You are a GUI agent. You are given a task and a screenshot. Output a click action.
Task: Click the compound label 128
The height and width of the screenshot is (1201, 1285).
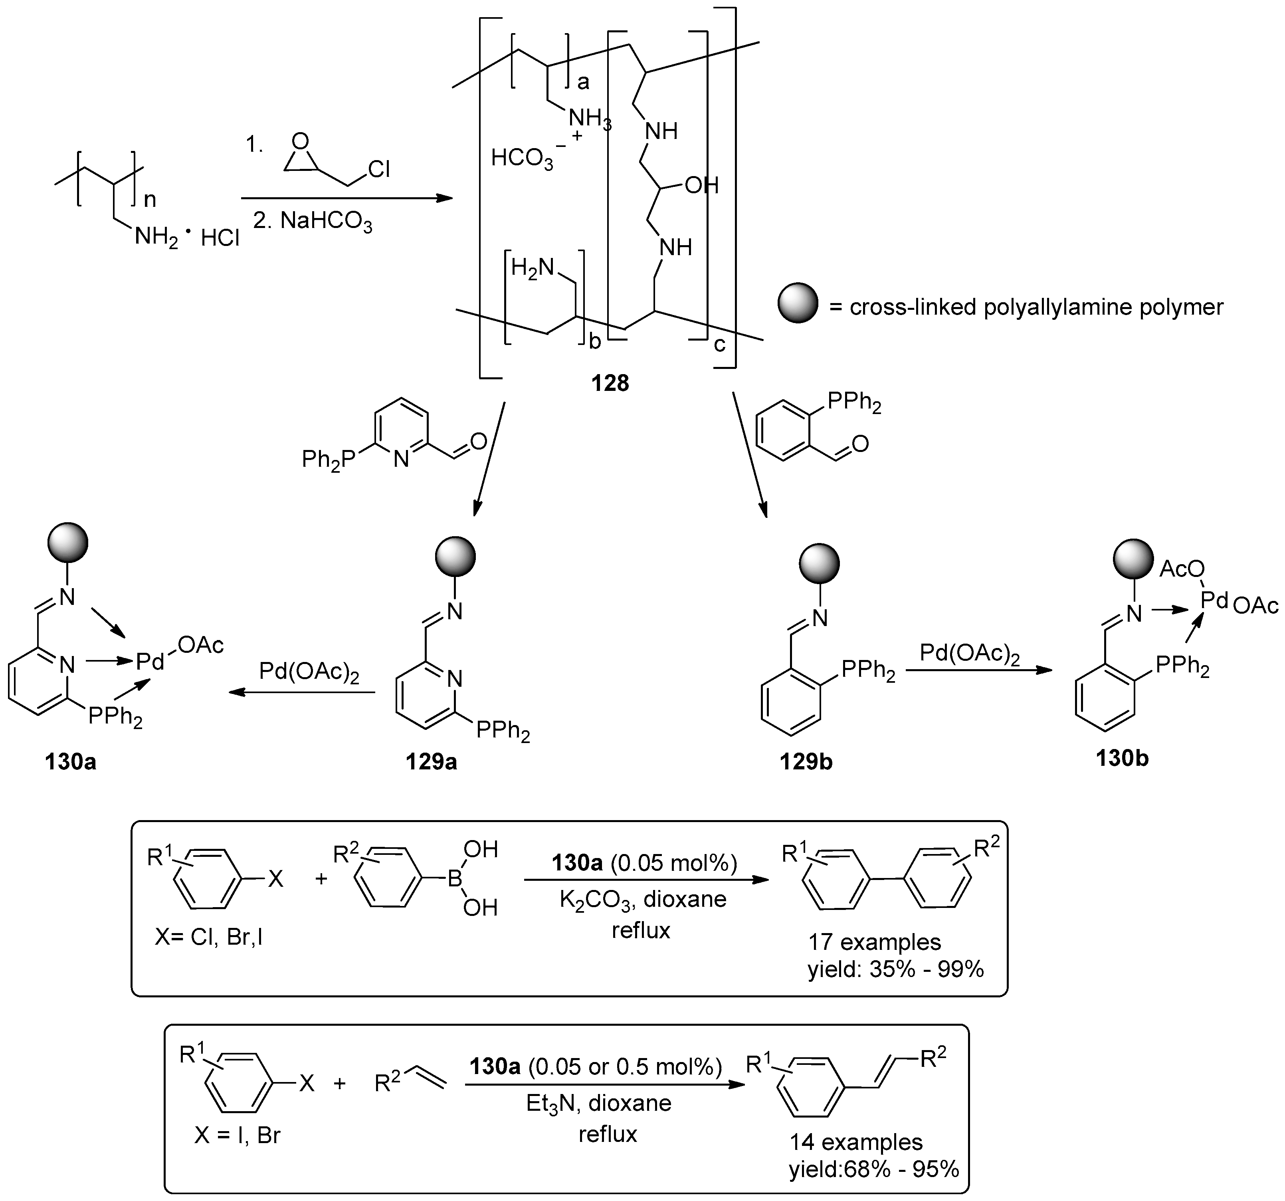(x=610, y=383)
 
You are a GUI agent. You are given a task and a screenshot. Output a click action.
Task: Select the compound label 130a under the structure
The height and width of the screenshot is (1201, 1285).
(x=70, y=761)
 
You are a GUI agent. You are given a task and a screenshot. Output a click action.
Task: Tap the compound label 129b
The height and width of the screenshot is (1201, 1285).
(x=806, y=761)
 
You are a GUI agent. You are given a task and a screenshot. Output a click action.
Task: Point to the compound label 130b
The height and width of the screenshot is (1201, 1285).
(x=1122, y=757)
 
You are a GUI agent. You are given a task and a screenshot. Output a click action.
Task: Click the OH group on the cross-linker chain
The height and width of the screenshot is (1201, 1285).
(x=701, y=186)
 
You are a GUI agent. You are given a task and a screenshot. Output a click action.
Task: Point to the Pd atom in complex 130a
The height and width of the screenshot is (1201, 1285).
(x=150, y=661)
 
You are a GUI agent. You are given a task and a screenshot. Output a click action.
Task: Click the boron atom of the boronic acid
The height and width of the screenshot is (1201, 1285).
(x=456, y=878)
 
